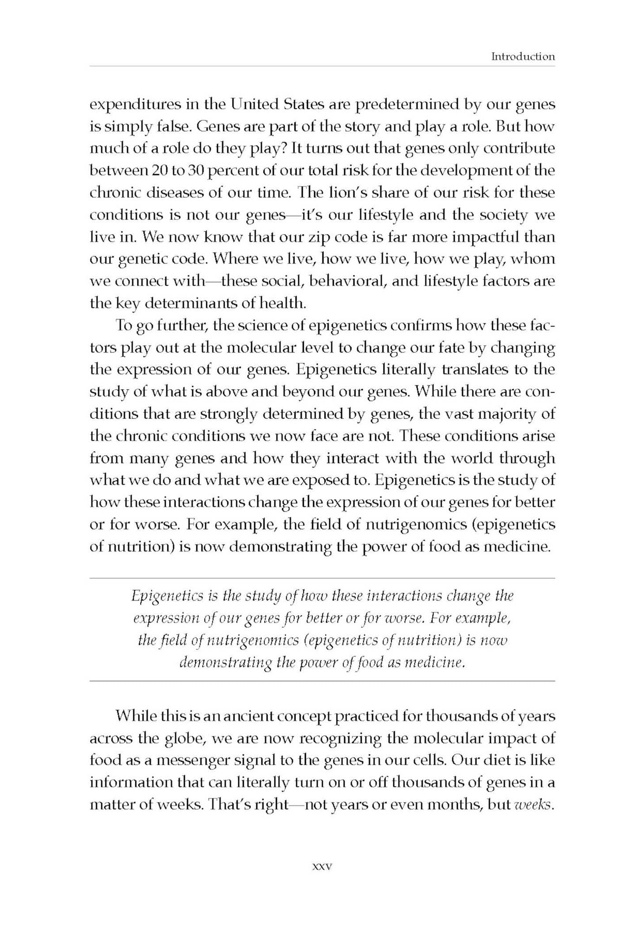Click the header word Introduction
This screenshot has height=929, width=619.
point(523,57)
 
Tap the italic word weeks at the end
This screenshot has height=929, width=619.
point(534,805)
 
